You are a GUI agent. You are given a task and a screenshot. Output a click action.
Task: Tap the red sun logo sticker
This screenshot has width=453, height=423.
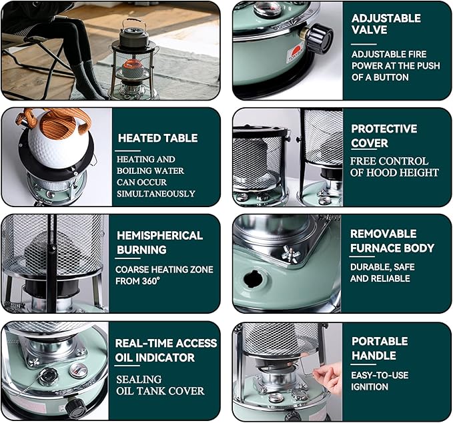(x=296, y=54)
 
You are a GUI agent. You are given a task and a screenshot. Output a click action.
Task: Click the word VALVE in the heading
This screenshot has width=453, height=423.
(x=369, y=30)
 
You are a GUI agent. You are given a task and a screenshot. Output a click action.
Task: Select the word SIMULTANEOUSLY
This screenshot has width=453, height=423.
(x=156, y=194)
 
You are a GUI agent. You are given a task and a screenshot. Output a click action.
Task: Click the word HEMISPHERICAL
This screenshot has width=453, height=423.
(x=159, y=235)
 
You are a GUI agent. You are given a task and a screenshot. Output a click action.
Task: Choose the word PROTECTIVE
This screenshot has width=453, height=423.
(x=384, y=129)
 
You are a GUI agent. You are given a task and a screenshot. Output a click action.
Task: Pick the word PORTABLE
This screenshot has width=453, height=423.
(x=380, y=341)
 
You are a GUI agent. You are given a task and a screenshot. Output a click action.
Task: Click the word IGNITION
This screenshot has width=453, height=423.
(x=370, y=387)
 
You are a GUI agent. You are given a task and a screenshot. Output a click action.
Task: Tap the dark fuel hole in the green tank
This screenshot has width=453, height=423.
(x=254, y=278)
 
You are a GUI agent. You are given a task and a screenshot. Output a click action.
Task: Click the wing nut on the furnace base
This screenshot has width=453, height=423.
(x=291, y=254)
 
